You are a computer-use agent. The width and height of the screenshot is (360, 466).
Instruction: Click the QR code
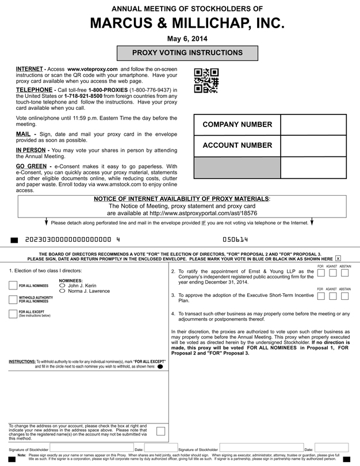click(206, 81)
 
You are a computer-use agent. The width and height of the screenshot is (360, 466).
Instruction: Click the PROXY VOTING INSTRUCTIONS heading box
click(187, 53)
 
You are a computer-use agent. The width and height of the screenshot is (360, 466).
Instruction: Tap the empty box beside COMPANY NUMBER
click(313, 125)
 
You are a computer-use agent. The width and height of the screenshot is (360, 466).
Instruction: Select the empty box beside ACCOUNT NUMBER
click(313, 146)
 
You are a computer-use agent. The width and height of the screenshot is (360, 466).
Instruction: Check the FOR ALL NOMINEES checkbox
click(13, 285)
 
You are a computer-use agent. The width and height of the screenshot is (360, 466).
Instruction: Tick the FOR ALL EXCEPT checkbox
click(13, 314)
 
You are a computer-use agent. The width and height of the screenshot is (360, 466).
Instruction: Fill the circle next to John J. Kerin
click(62, 285)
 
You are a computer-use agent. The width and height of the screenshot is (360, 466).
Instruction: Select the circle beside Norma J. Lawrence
click(62, 291)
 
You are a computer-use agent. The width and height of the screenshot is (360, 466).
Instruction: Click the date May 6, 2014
click(187, 39)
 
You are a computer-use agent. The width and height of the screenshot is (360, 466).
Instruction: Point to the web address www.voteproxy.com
click(92, 69)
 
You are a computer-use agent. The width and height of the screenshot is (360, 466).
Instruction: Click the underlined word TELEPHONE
click(35, 90)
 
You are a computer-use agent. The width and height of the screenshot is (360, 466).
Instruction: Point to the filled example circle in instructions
click(160, 366)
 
